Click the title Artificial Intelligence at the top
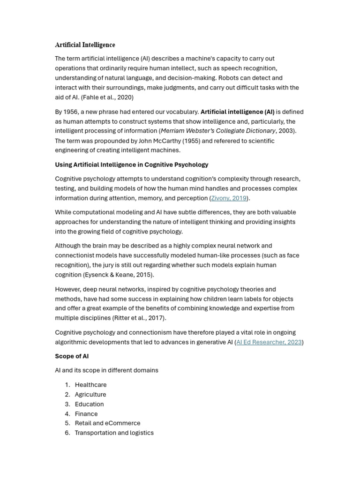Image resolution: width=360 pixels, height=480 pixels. tap(85, 45)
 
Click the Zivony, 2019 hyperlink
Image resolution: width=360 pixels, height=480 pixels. tap(229, 198)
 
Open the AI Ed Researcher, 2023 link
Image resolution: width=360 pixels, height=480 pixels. tap(269, 342)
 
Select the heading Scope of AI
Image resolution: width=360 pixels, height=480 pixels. tap(72, 356)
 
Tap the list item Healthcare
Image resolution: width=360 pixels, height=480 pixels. tap(90, 385)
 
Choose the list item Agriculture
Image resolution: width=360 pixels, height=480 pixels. tap(90, 395)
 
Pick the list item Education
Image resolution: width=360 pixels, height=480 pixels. tap(89, 404)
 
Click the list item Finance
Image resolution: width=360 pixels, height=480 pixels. tap(86, 414)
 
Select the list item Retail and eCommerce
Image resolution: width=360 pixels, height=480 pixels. tap(107, 423)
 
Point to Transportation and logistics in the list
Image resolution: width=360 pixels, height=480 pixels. tap(114, 433)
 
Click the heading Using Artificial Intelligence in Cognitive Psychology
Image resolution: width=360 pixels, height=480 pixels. tap(132, 165)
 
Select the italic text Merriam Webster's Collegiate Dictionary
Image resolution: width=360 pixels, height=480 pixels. tap(218, 131)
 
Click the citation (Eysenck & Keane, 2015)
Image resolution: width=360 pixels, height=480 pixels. tap(119, 275)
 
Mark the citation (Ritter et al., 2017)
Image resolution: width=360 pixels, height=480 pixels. tap(139, 318)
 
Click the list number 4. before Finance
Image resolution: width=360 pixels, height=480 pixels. tap(67, 414)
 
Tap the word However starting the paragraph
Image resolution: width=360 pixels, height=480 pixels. tap(68, 289)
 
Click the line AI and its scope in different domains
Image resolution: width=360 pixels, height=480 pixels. tap(106, 370)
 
